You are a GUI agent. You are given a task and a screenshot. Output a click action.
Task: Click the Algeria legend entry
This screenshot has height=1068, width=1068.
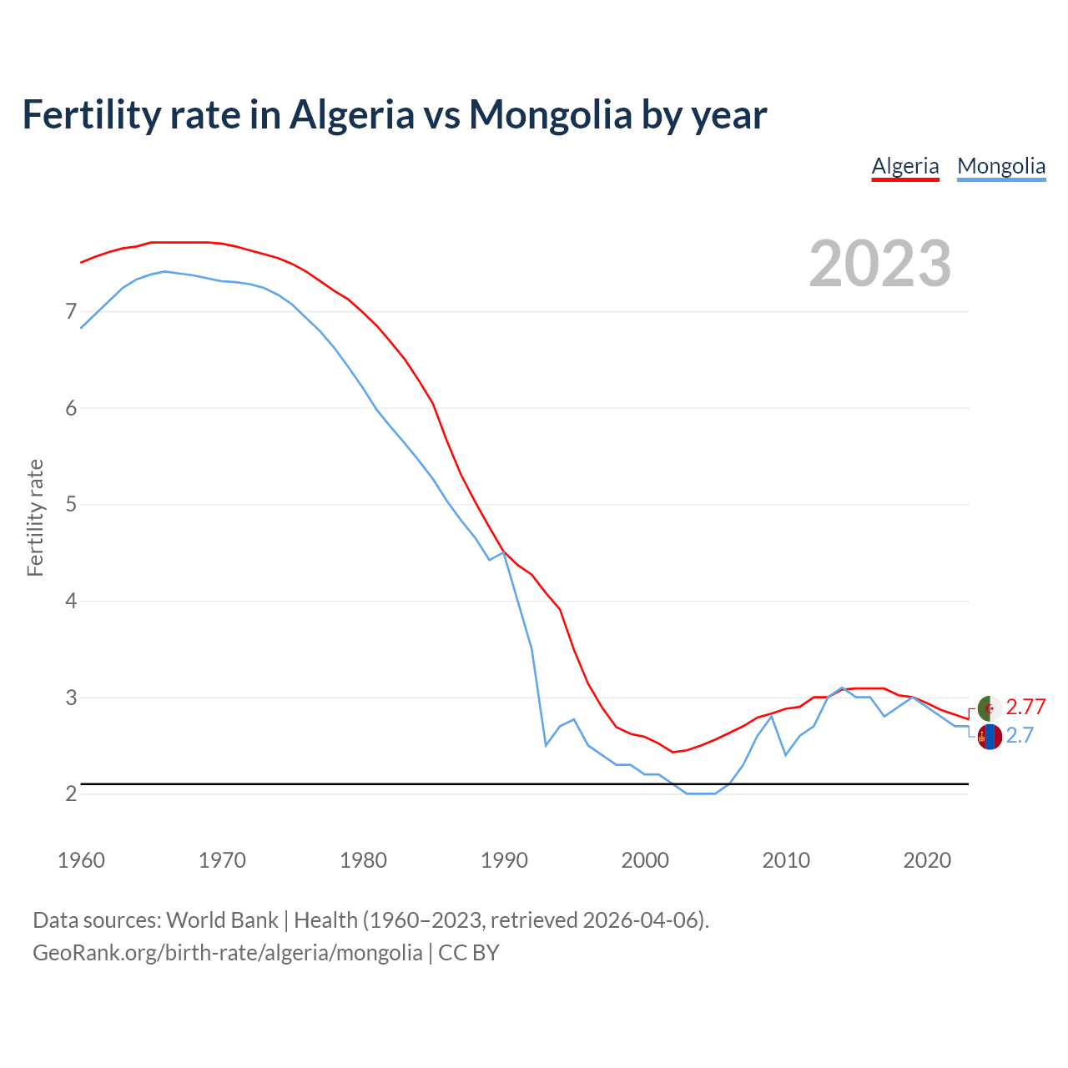tap(905, 166)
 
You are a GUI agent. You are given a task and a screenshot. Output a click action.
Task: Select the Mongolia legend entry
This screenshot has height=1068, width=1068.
tap(1001, 166)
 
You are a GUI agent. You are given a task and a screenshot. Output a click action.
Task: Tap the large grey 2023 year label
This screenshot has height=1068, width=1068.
tap(880, 264)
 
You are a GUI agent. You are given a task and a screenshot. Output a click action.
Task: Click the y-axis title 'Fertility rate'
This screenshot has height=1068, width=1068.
tap(35, 517)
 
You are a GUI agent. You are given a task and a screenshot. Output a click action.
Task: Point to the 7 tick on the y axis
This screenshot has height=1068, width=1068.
tap(71, 312)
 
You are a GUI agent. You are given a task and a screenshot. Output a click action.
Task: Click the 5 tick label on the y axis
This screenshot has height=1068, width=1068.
tap(71, 505)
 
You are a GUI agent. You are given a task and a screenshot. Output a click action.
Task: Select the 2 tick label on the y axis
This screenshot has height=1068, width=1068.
tap(71, 793)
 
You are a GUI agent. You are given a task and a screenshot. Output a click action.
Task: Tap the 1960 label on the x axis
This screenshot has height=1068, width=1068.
tap(81, 860)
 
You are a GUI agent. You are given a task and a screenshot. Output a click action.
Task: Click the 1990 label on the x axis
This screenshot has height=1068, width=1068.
tap(504, 860)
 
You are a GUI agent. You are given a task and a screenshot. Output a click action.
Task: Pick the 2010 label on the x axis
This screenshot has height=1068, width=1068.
tap(786, 860)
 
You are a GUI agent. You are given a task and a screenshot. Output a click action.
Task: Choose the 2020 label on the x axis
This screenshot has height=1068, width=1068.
tap(927, 860)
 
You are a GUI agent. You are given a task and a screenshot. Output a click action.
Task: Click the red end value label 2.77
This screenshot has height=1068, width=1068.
tap(1025, 708)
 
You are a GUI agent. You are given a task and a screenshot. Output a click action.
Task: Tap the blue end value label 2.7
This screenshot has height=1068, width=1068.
tap(1020, 735)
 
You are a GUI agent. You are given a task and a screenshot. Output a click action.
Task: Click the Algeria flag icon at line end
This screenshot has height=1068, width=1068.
tap(990, 708)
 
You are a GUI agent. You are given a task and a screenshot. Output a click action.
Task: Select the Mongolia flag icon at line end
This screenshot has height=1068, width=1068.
tap(990, 737)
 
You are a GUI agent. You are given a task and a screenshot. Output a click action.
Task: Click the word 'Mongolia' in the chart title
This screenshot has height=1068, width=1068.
tap(551, 114)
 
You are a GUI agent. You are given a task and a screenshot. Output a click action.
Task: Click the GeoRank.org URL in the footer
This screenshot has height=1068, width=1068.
tap(227, 953)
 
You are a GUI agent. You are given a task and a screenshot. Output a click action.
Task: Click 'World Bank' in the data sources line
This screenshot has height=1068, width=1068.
tap(222, 920)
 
